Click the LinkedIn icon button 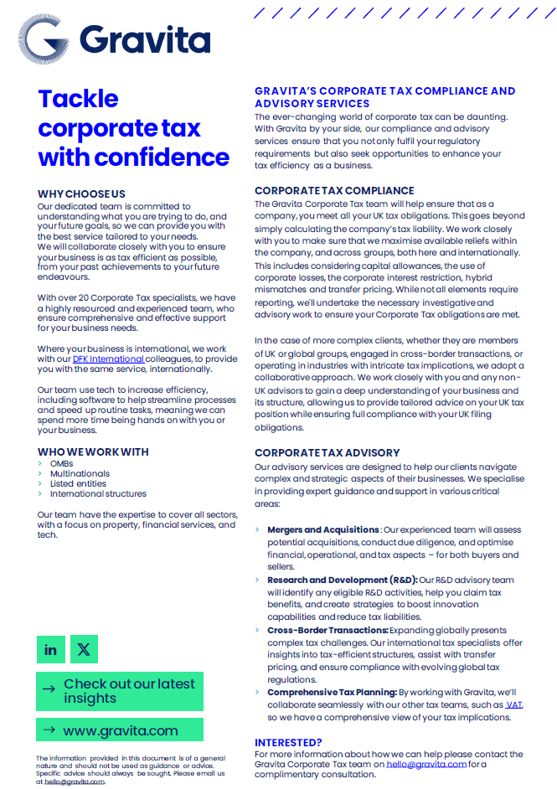tap(51, 649)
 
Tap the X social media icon tap(84, 649)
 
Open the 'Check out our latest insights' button tap(120, 691)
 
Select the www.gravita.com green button tap(120, 730)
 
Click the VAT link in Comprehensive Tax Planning tap(514, 705)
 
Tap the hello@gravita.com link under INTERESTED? tap(426, 764)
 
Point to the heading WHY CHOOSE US tap(81, 194)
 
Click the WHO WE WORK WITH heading tap(93, 451)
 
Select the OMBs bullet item tap(61, 463)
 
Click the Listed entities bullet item tap(78, 483)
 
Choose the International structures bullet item tap(98, 494)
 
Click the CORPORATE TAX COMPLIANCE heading tap(334, 191)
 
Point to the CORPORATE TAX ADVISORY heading tap(327, 453)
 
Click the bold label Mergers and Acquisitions tap(322, 530)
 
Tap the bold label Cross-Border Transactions tap(327, 630)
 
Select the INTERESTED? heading tap(288, 742)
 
